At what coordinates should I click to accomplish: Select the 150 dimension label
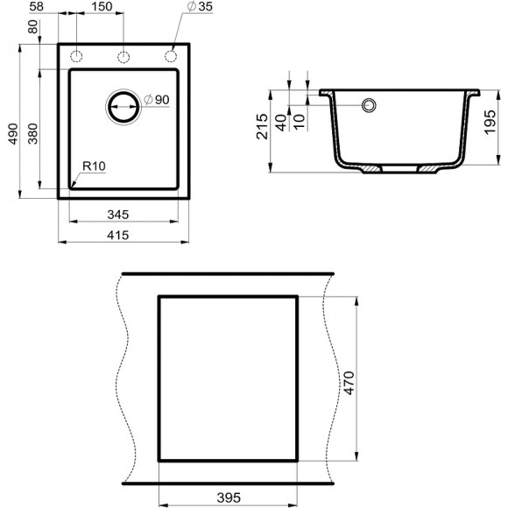pyautogui.click(x=101, y=7)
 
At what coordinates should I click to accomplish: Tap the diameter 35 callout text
pyautogui.click(x=200, y=7)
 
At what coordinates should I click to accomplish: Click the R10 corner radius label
pyautogui.click(x=94, y=166)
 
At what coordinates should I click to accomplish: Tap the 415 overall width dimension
pyautogui.click(x=123, y=234)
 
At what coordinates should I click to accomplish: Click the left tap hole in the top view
pyautogui.click(x=77, y=56)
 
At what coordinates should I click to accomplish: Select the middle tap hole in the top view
pyautogui.click(x=123, y=56)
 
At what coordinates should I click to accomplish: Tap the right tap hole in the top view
pyautogui.click(x=170, y=56)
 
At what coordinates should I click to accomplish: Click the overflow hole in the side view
pyautogui.click(x=369, y=105)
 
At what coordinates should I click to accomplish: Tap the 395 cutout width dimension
pyautogui.click(x=228, y=498)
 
